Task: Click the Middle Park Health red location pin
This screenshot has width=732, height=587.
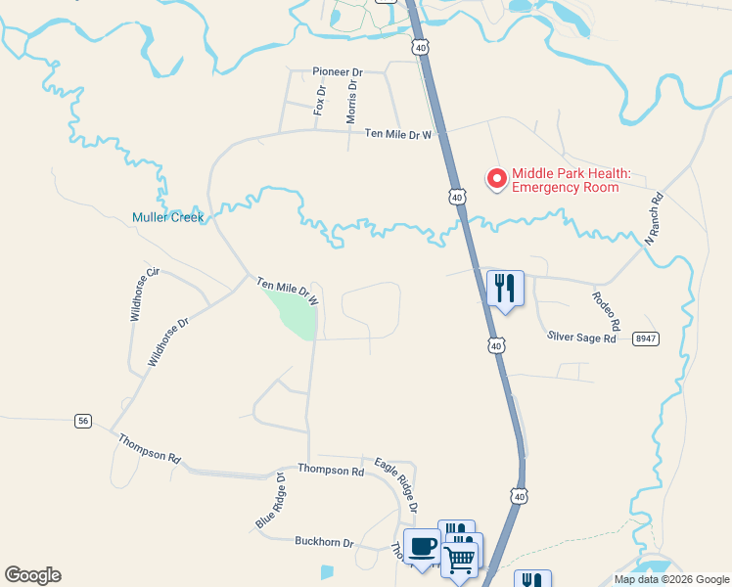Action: click(x=497, y=178)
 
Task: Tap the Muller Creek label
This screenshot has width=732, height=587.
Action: click(x=168, y=217)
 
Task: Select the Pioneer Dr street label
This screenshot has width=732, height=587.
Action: click(x=338, y=72)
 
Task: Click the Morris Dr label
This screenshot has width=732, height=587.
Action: click(x=352, y=102)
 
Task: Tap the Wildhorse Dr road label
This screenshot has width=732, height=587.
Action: click(x=167, y=341)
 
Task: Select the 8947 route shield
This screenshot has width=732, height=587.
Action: click(x=645, y=337)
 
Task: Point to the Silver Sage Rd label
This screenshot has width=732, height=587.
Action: click(x=581, y=338)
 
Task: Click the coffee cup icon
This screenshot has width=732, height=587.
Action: click(x=422, y=547)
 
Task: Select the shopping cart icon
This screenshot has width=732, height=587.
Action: click(x=459, y=561)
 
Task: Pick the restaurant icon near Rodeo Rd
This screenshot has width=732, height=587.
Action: click(x=505, y=288)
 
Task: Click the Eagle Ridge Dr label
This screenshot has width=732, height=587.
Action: click(x=396, y=484)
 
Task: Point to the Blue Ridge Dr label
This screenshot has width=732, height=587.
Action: click(x=269, y=502)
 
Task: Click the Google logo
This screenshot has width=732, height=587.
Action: click(x=32, y=575)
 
